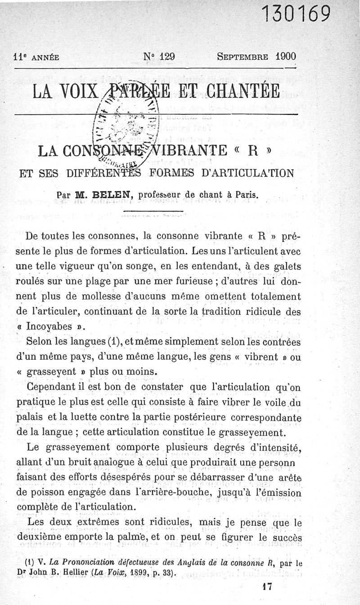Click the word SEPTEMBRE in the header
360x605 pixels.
[243, 57]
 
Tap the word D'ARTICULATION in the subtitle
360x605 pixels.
[252, 172]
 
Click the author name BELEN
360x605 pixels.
[110, 195]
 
